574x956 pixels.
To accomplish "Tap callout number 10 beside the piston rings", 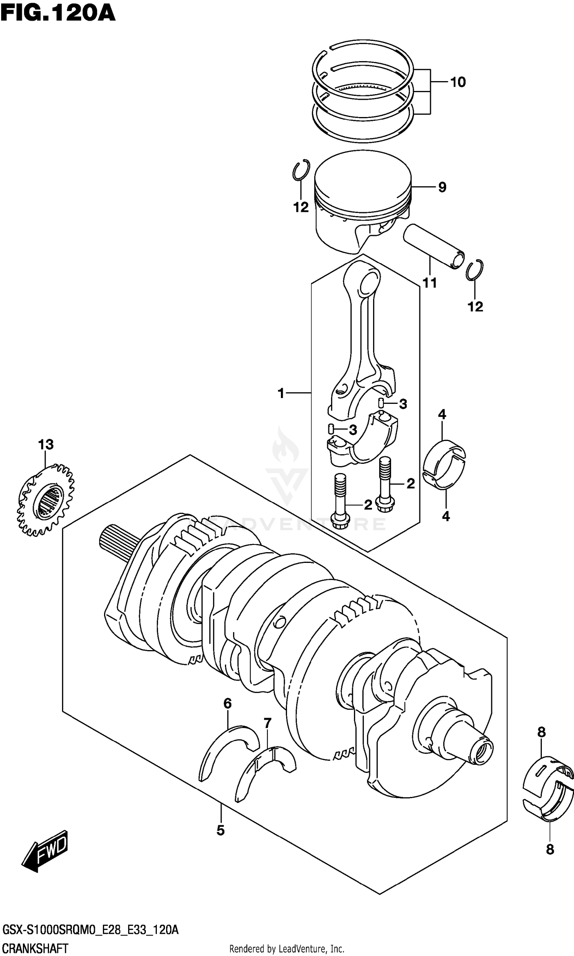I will tap(458, 82).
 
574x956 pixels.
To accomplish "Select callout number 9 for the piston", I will tap(442, 187).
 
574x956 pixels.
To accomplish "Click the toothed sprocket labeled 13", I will tap(46, 501).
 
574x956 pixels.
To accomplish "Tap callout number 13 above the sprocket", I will tap(46, 444).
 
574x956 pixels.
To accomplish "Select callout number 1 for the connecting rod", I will tap(281, 393).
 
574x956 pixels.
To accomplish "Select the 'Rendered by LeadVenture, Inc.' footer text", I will tap(287, 949).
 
